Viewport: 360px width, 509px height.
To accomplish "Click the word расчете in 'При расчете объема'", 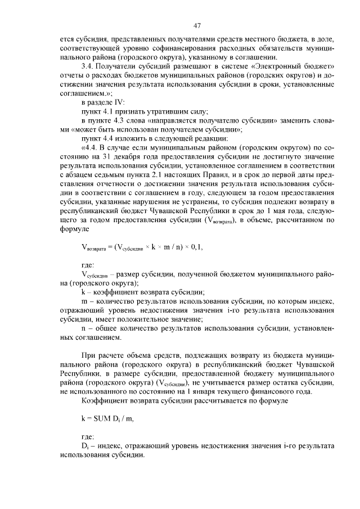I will (x=107, y=355).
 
